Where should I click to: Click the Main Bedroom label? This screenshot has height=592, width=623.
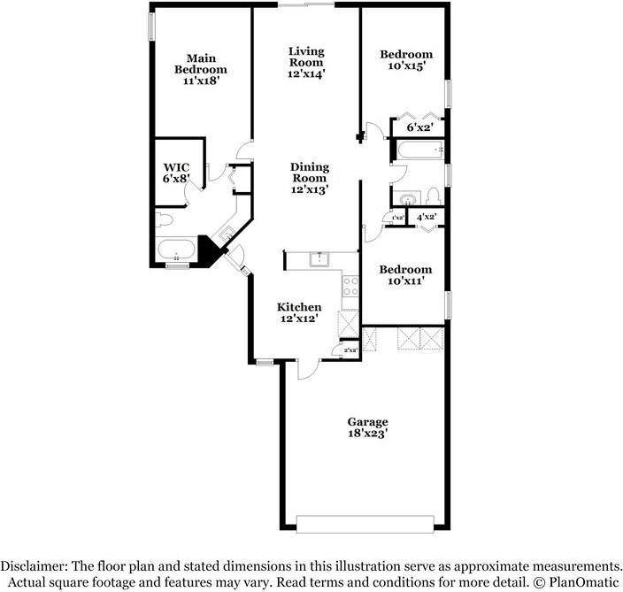(200, 69)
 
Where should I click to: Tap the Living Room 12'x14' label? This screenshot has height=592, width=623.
(307, 62)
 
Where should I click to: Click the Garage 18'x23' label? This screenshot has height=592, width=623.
(367, 427)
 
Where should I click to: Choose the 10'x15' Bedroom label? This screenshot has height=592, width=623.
(406, 60)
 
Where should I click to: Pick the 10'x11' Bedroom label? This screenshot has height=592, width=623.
(405, 275)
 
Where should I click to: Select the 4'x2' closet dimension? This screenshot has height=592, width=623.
(426, 217)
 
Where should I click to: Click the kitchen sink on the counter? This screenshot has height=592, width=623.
(319, 258)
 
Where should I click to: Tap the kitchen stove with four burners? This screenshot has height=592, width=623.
(350, 285)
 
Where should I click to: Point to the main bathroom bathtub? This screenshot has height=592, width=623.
(179, 250)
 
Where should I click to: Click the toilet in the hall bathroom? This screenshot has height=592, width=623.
(433, 195)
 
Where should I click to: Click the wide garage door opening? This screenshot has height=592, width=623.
(366, 524)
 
